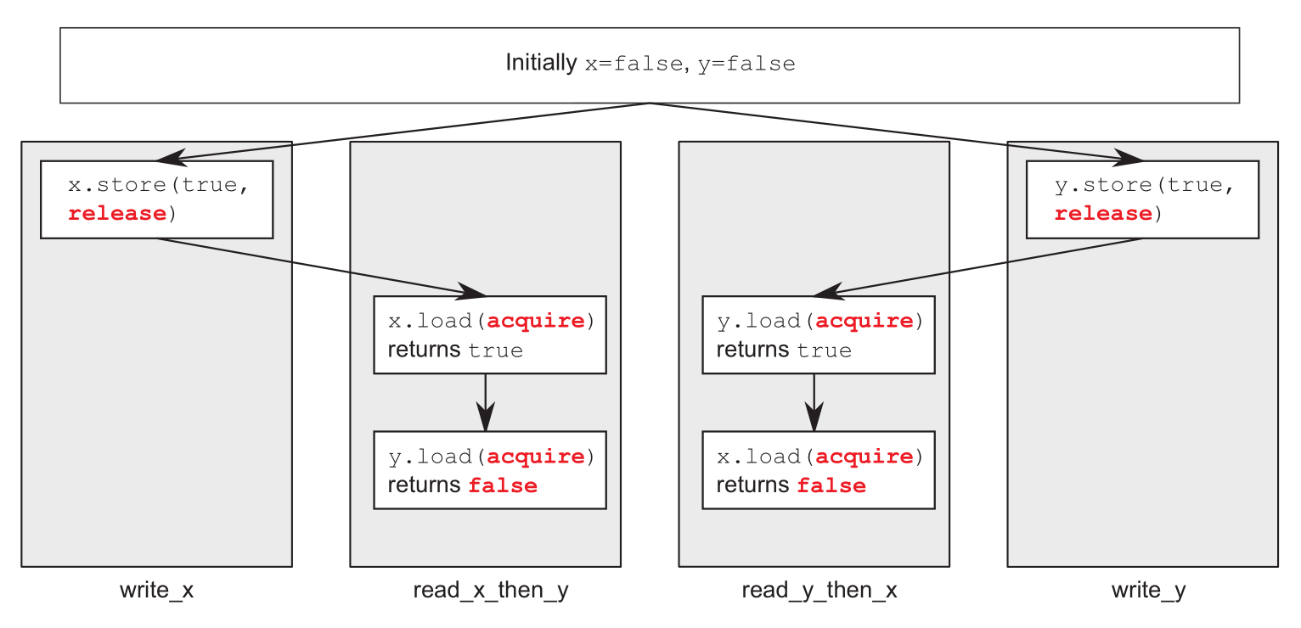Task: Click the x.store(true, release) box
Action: click(x=157, y=199)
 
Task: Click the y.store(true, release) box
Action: click(x=1142, y=199)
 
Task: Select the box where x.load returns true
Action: click(x=490, y=335)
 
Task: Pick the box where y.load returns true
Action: click(x=819, y=335)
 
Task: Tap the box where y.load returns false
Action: click(x=490, y=470)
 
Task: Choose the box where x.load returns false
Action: click(x=819, y=470)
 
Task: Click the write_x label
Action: click(x=157, y=591)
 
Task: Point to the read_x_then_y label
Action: click(x=491, y=591)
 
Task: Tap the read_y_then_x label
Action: click(x=819, y=591)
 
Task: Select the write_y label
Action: click(x=1148, y=591)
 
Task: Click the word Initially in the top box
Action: click(x=541, y=63)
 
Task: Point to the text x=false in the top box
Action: click(x=634, y=64)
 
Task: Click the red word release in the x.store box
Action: click(x=117, y=214)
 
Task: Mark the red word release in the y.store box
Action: click(x=1103, y=214)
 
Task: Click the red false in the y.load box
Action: click(x=503, y=485)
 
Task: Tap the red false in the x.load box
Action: click(x=831, y=485)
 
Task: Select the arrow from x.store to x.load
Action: click(x=321, y=267)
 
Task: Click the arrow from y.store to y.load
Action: click(x=978, y=267)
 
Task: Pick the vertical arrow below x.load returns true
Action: click(x=486, y=402)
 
